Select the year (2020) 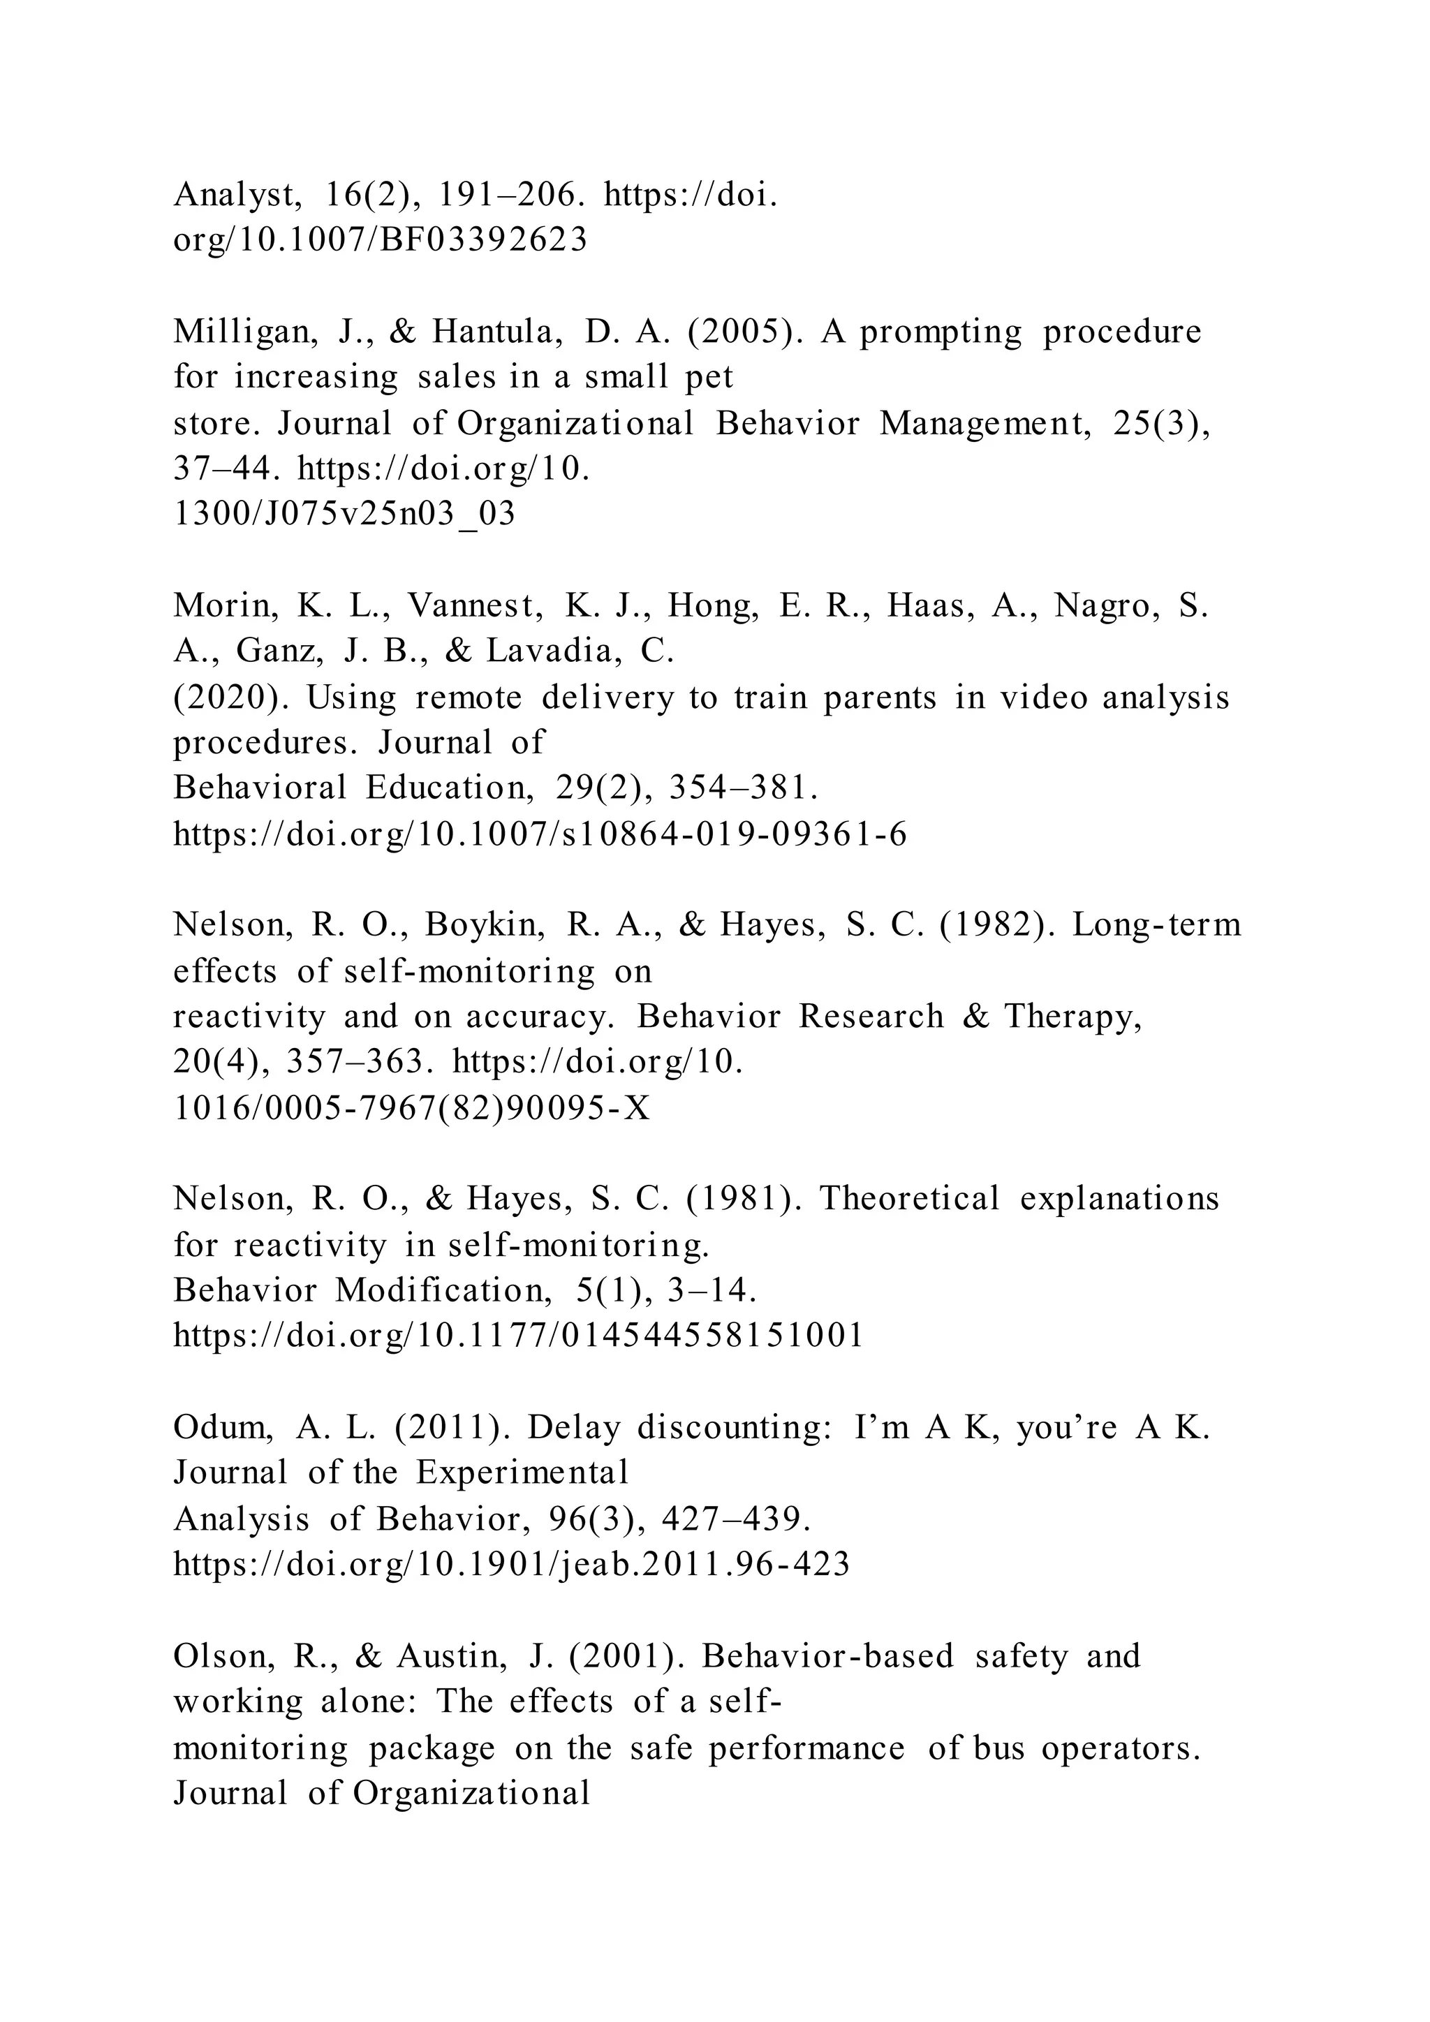232,698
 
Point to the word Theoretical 910,1199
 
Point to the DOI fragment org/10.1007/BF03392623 380,239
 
